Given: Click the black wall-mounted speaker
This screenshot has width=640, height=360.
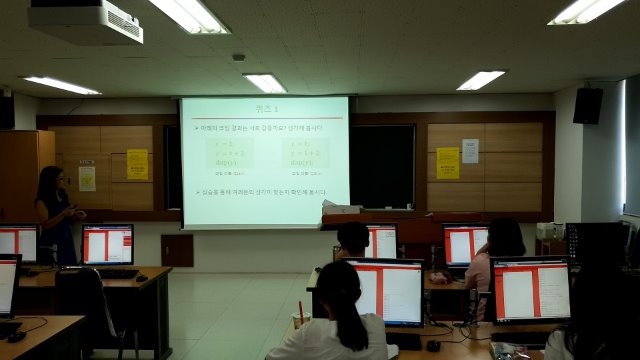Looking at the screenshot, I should pos(588,105).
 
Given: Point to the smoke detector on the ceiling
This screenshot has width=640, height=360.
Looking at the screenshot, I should pos(239,57).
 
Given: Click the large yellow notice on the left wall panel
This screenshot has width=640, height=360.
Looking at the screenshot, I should pos(137,164).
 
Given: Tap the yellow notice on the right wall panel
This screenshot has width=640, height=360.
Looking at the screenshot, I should pos(447,163).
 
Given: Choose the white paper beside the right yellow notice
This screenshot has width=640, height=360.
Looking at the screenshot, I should pos(470,150).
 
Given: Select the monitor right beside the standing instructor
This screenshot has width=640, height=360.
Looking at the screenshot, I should pos(107,244).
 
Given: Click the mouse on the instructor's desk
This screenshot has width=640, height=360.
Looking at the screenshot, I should pos(141,277).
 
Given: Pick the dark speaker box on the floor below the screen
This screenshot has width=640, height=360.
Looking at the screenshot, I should pos(177,250).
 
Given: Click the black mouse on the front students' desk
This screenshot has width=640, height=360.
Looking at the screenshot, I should pos(433,346).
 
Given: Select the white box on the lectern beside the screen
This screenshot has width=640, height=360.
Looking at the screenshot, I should pos(342,208).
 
